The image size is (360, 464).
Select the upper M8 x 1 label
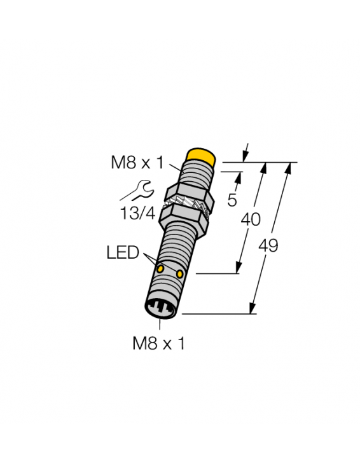137,163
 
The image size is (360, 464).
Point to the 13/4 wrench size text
138,213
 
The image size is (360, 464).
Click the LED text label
122,253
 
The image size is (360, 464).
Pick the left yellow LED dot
161,270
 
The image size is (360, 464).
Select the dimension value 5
232,200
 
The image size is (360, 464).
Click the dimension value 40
251,219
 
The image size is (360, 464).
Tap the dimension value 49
269,245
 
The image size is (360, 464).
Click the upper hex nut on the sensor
189,194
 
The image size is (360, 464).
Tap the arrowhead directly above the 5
240,175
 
